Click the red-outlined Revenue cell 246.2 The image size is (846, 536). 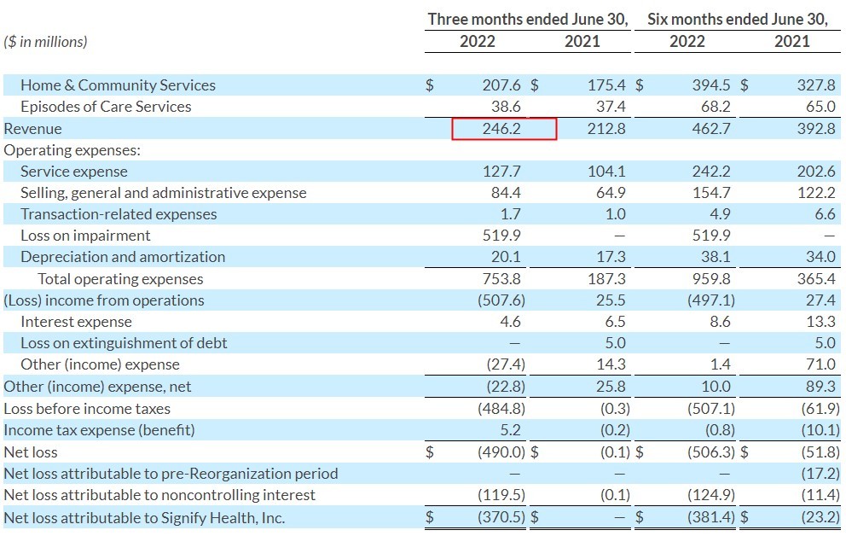point(503,129)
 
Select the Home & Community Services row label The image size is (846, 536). point(118,85)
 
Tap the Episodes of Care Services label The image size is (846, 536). point(106,107)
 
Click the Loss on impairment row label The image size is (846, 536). point(85,236)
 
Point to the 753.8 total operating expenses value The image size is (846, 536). point(502,279)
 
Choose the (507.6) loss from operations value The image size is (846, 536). point(498,300)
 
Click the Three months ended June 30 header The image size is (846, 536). point(528,19)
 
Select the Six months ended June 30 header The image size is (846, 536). point(738,19)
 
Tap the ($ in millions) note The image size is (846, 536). point(46,41)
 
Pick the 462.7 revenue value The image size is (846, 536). point(714,129)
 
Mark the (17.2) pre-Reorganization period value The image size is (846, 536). point(820,474)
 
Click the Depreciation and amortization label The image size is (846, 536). point(123,257)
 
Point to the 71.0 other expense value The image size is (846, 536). point(820,364)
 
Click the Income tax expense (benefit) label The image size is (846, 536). point(99,429)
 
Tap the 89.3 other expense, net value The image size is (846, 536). point(820,387)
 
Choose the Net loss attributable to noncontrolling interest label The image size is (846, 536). point(159,495)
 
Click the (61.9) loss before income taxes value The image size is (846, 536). point(818,408)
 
